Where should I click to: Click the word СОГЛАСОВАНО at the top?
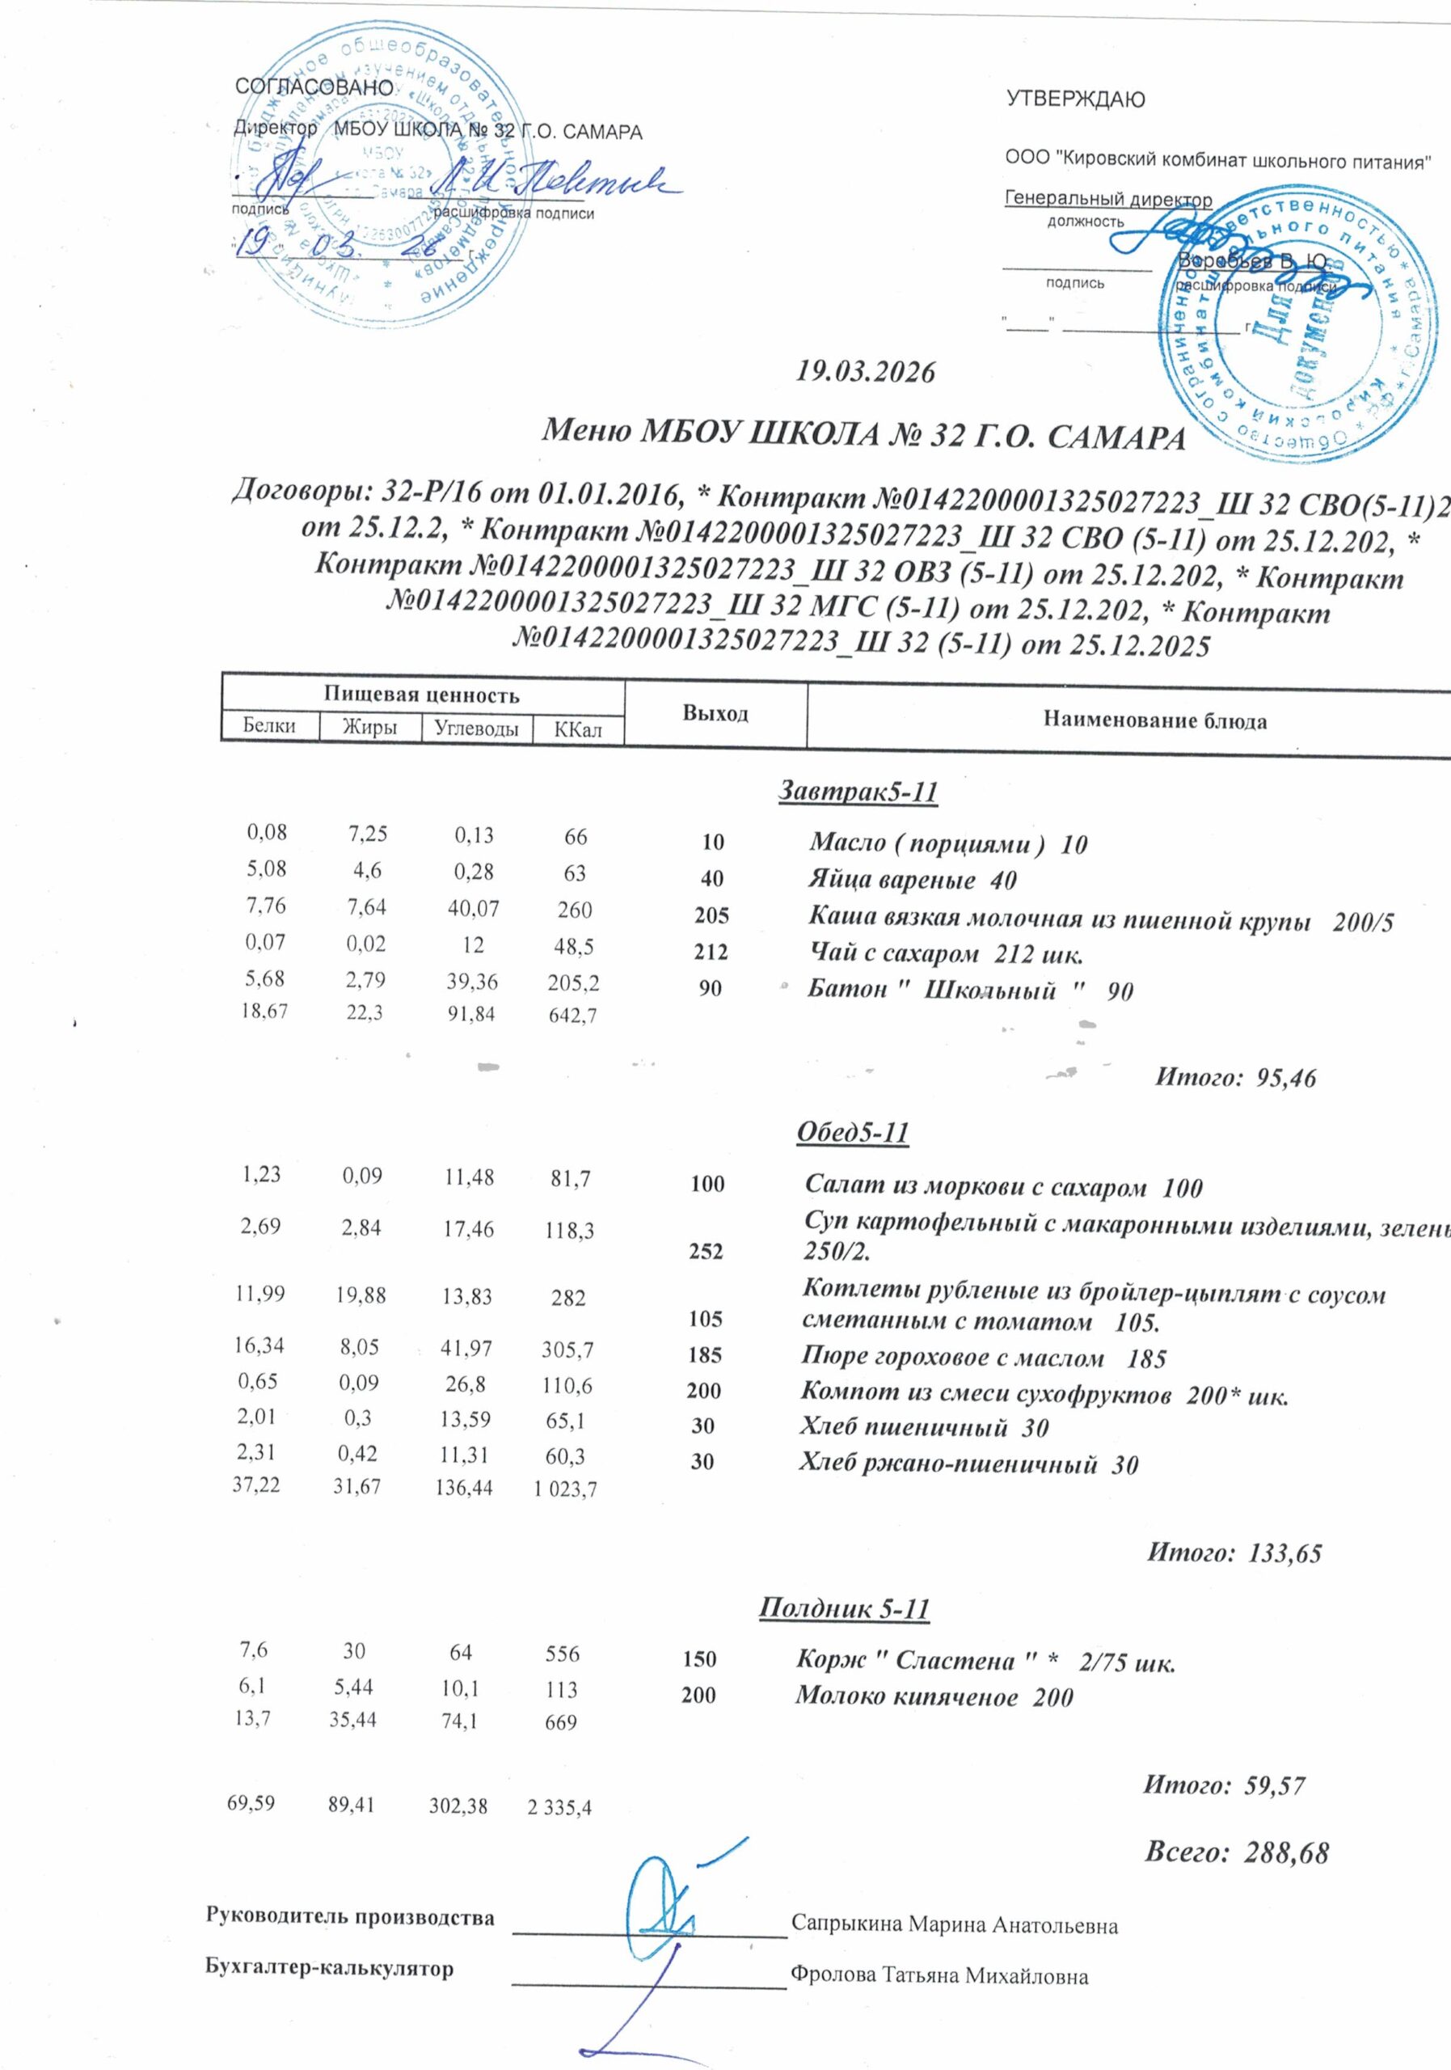click(x=314, y=87)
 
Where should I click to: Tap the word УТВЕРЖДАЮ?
click(x=1075, y=99)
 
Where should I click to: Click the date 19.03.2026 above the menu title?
click(x=865, y=371)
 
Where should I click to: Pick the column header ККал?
click(x=578, y=729)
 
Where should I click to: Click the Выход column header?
click(x=715, y=713)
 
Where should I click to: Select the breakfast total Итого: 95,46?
click(x=1236, y=1076)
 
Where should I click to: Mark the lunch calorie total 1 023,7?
click(x=566, y=1490)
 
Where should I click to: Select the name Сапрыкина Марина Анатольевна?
click(x=955, y=1926)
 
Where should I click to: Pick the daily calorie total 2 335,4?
click(x=559, y=1806)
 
